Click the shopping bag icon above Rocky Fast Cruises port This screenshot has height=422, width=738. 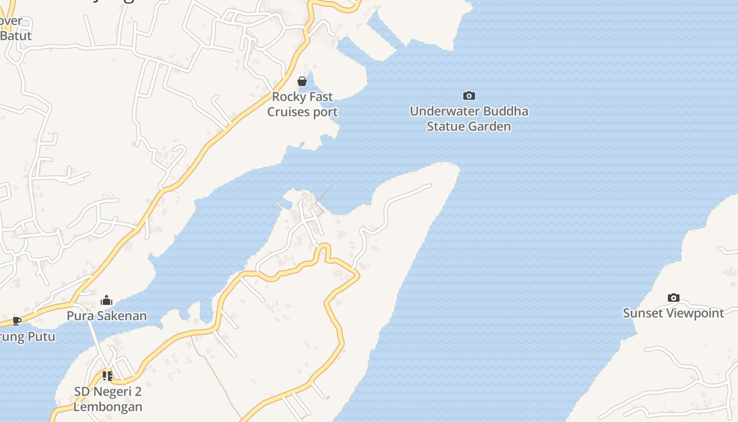pyautogui.click(x=302, y=81)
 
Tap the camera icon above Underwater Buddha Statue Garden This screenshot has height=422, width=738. pyautogui.click(x=469, y=95)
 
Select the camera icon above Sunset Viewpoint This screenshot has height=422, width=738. pyautogui.click(x=673, y=298)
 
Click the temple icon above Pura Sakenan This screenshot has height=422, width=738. pyautogui.click(x=106, y=300)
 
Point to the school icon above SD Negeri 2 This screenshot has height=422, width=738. pyautogui.click(x=108, y=376)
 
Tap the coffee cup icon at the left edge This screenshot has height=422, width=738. pyautogui.click(x=16, y=320)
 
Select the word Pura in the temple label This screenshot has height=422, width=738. pyautogui.click(x=77, y=316)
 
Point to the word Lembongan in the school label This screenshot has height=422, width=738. pyautogui.click(x=108, y=407)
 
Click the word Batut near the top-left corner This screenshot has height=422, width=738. pyautogui.click(x=16, y=36)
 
